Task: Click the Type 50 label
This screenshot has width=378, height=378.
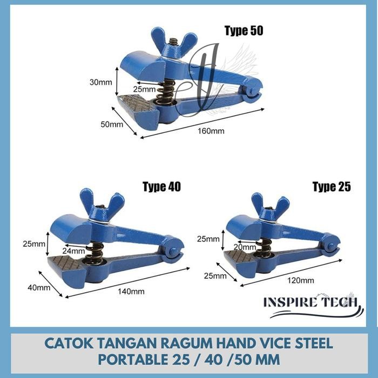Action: [x=244, y=31]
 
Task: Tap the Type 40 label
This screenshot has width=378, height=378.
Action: [x=161, y=187]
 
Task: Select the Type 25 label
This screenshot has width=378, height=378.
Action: [x=332, y=187]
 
